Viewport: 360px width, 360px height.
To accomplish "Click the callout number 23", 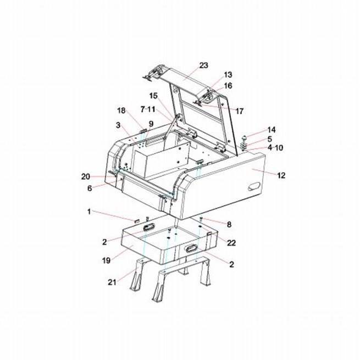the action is (x=203, y=65).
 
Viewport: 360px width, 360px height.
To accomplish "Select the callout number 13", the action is (x=228, y=75).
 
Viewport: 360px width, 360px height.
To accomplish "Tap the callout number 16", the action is (x=228, y=86).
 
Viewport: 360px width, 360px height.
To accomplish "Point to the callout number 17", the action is (x=239, y=112).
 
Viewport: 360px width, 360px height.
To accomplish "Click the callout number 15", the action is (x=153, y=96).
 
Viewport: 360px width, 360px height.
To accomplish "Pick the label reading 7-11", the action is (x=148, y=109).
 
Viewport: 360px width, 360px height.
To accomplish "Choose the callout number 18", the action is (x=121, y=110).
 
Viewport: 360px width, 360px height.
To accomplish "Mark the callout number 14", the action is (x=272, y=130).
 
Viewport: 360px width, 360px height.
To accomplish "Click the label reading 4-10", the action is (x=275, y=148).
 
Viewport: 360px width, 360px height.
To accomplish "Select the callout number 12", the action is (x=281, y=176).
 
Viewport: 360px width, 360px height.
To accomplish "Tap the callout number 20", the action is (x=86, y=177).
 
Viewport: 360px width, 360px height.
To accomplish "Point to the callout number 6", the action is (x=90, y=189).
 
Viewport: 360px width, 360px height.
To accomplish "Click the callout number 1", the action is (x=89, y=212).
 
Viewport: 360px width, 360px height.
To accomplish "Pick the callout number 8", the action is (x=229, y=224).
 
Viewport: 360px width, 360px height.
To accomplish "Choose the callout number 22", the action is (x=231, y=243).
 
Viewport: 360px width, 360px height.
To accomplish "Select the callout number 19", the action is (x=106, y=261).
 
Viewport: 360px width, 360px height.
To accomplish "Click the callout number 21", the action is (x=112, y=282).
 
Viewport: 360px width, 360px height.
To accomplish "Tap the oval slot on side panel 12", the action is (x=254, y=186).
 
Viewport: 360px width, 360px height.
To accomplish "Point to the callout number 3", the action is (x=118, y=125).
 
